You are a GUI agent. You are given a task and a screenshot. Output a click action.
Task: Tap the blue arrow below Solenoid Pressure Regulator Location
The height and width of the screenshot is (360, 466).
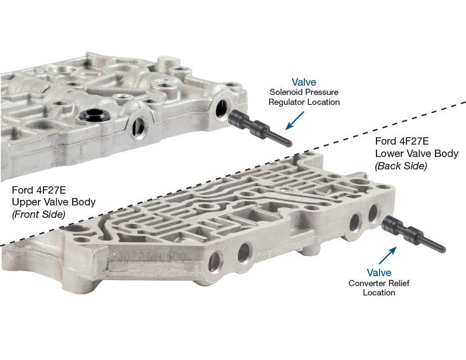click(x=295, y=120)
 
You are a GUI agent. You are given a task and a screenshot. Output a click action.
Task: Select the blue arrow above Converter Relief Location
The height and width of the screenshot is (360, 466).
click(x=388, y=255)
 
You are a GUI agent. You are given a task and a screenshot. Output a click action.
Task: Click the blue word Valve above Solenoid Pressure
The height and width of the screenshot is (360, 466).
click(x=304, y=82)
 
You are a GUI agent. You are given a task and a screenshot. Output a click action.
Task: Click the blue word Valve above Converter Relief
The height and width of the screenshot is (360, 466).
click(x=379, y=272)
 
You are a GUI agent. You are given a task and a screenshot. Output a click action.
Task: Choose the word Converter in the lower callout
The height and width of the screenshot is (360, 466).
click(x=365, y=283)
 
